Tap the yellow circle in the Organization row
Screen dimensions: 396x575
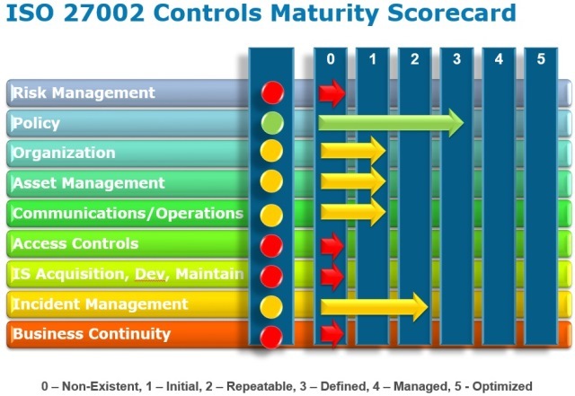(271, 153)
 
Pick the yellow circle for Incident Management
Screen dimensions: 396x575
(271, 305)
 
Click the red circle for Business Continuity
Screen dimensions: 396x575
(271, 336)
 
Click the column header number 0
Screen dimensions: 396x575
(331, 59)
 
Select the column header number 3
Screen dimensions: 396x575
(456, 59)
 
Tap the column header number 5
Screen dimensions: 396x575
(540, 59)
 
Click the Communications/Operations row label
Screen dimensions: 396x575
(127, 214)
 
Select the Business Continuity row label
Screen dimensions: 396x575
(91, 334)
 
